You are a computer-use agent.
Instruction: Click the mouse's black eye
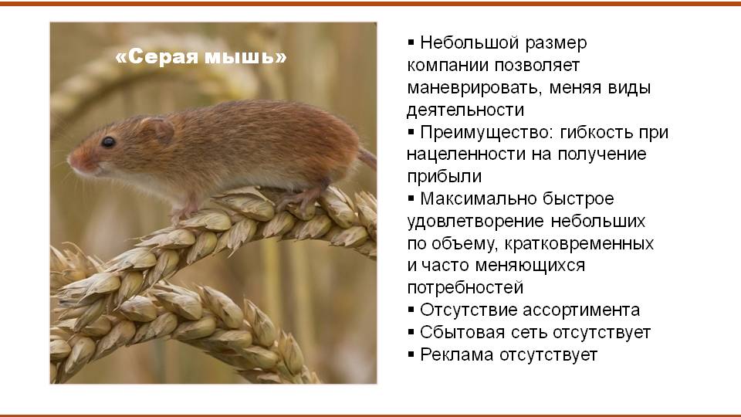[108, 141]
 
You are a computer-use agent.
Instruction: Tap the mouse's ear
[158, 129]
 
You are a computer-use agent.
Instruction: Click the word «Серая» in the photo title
[157, 57]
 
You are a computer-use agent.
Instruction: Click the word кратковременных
[580, 244]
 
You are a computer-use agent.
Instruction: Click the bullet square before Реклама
[411, 354]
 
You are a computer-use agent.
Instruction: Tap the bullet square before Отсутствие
[411, 309]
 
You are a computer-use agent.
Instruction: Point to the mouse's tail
[367, 157]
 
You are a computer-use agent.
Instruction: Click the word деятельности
[465, 110]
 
